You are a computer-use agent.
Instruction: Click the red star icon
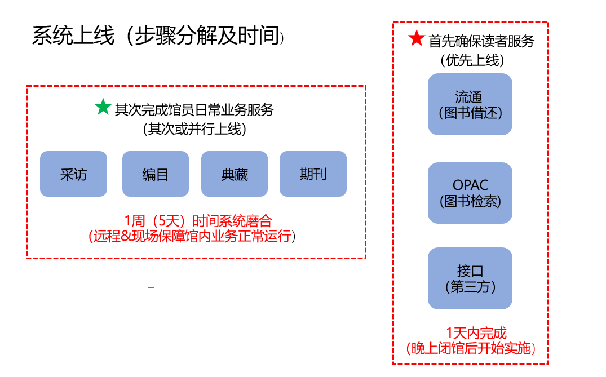(x=417, y=38)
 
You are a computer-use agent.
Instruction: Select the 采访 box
(x=73, y=174)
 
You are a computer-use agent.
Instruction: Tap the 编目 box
(x=156, y=174)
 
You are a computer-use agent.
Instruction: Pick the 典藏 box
(x=234, y=174)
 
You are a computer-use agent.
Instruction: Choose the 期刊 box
(x=313, y=174)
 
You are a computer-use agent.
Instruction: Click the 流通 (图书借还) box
(x=470, y=104)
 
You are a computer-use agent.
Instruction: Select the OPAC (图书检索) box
(x=470, y=193)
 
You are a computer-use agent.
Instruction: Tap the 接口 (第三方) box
(x=470, y=278)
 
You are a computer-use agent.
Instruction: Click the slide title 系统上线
(x=73, y=36)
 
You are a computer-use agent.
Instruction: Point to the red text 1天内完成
(x=476, y=333)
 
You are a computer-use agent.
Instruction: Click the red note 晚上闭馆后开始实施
(x=471, y=348)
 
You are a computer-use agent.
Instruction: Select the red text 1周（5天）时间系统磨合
(x=198, y=221)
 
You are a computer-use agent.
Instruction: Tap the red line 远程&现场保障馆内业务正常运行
(x=192, y=236)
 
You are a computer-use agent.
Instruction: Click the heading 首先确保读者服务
(x=481, y=41)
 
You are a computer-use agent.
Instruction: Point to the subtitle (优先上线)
(x=472, y=60)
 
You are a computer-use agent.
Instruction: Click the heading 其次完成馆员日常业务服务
(x=194, y=110)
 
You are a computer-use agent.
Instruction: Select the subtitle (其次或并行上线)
(x=194, y=128)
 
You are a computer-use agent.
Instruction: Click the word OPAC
(x=470, y=185)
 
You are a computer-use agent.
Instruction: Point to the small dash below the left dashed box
(x=151, y=287)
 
